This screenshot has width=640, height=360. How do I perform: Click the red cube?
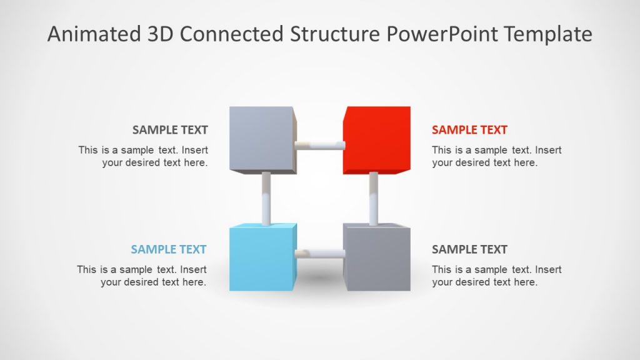click(x=376, y=141)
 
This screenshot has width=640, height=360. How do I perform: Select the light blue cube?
click(x=261, y=258)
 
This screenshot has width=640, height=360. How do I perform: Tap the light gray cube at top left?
click(x=261, y=139)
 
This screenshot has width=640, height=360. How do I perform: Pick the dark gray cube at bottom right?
click(x=377, y=257)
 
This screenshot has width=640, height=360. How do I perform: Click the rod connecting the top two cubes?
click(x=319, y=146)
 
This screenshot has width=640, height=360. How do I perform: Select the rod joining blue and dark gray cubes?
click(x=319, y=254)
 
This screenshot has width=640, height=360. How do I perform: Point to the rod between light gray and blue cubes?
click(x=266, y=198)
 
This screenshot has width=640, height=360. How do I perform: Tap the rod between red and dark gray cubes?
click(x=374, y=198)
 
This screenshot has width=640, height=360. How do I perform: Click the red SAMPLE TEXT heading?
click(x=469, y=130)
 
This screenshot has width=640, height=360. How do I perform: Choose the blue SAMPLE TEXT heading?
click(x=169, y=249)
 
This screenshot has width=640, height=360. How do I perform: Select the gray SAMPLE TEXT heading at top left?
click(x=170, y=130)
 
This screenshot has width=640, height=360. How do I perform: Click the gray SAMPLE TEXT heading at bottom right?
click(x=469, y=249)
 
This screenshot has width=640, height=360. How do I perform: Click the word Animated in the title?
click(x=90, y=34)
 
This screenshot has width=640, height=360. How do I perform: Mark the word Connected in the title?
click(x=231, y=34)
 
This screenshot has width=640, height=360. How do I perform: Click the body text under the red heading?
click(x=496, y=156)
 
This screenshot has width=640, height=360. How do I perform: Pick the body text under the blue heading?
click(x=142, y=276)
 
